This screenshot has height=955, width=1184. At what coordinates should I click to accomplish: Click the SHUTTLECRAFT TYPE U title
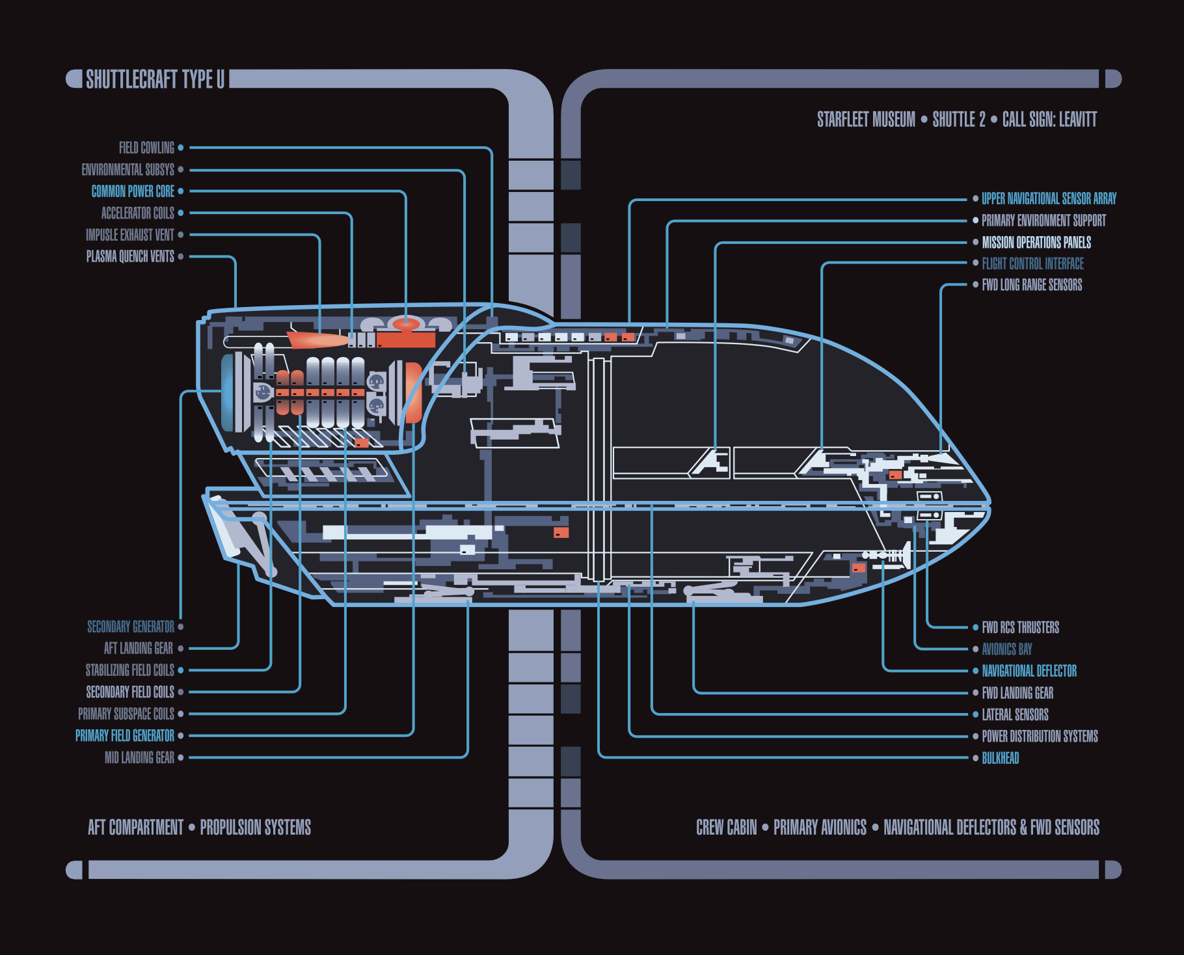(155, 79)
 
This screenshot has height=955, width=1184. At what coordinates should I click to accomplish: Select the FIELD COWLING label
(146, 148)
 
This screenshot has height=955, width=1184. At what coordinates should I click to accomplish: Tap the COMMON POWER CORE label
(133, 191)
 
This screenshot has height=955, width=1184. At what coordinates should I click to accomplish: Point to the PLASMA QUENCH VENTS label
(130, 256)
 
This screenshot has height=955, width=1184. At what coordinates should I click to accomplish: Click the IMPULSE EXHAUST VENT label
(130, 235)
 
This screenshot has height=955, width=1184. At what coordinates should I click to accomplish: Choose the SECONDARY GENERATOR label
(131, 626)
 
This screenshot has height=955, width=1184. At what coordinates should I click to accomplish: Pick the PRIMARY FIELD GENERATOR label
(125, 736)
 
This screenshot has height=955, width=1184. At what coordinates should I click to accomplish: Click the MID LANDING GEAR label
(139, 757)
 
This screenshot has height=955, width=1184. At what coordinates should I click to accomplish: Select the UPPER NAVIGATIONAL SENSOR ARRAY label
(1049, 198)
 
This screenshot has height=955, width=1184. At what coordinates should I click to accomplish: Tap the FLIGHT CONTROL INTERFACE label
(1032, 263)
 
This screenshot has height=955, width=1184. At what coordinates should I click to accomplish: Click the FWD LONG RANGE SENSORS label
(1032, 285)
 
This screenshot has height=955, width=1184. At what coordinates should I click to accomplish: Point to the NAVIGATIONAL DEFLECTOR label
(1029, 671)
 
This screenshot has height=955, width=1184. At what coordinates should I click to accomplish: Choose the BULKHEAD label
(1001, 758)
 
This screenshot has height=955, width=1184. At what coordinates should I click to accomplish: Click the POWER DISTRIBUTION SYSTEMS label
(1040, 736)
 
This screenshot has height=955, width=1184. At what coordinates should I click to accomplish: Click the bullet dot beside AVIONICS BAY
(975, 649)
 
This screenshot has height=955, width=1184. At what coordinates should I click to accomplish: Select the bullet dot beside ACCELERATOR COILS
(181, 213)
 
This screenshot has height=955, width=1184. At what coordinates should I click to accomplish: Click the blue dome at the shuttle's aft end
(228, 393)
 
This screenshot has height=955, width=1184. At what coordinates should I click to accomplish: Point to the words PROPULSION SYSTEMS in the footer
(255, 827)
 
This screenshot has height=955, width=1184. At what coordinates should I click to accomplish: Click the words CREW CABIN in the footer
(726, 827)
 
